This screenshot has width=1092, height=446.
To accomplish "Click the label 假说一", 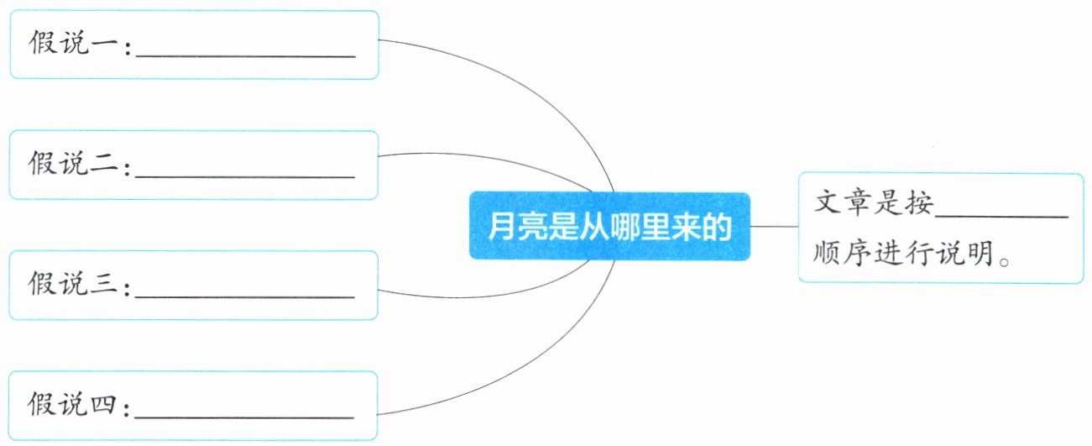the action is (x=73, y=43).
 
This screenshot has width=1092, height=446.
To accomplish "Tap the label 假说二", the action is (x=73, y=162).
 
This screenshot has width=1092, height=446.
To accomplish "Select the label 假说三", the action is (x=73, y=283).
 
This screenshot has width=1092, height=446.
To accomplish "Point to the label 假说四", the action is (x=72, y=403).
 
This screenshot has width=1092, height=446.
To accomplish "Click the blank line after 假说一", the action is (x=246, y=56).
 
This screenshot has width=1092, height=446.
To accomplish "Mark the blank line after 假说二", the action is (x=245, y=176).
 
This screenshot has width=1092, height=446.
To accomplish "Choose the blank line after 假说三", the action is (x=245, y=296).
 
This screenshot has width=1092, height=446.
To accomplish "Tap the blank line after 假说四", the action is (x=244, y=417).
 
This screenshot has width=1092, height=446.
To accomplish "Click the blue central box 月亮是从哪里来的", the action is (x=609, y=227).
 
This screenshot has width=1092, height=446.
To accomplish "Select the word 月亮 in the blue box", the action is (x=518, y=227).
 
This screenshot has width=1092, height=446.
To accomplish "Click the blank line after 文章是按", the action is (x=1002, y=217).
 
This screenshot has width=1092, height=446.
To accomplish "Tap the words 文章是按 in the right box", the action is (x=874, y=202).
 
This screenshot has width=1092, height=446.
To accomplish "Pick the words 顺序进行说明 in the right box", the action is (x=903, y=252).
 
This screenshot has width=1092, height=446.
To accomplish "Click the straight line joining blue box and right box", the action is (x=774, y=227).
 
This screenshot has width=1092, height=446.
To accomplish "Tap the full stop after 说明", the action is (x=1004, y=261).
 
